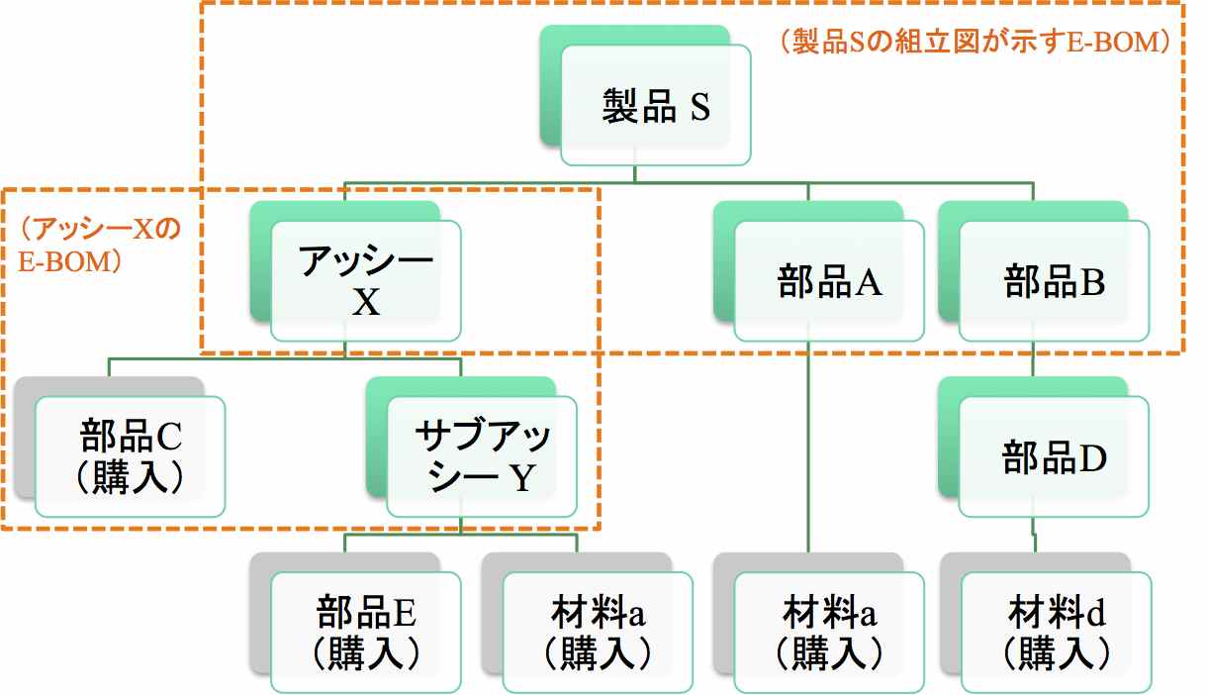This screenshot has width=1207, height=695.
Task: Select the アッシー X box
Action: (x=365, y=283)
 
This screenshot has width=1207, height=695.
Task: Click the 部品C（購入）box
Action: (x=130, y=457)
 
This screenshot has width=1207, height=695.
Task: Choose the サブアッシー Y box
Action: (x=481, y=458)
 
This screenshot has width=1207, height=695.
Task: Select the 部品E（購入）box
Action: (x=365, y=632)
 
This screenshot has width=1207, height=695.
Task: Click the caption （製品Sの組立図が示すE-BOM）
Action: (x=975, y=42)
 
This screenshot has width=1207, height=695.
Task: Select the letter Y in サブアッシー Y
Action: (x=521, y=479)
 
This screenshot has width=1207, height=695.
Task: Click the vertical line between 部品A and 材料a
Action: (x=809, y=446)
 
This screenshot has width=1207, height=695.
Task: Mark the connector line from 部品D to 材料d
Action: (x=1035, y=535)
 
